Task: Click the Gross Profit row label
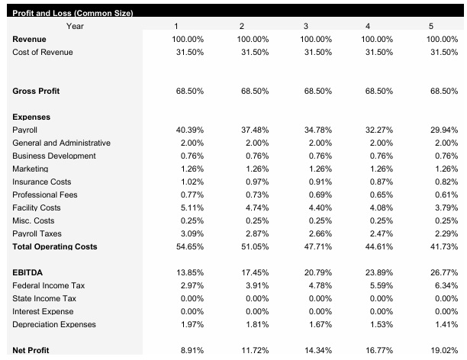coord(36,92)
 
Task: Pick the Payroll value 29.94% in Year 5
coord(443,130)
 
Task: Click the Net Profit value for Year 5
coord(443,350)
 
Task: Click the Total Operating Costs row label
coord(54,247)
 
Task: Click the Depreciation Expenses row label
coord(54,325)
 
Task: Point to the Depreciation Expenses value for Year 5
coord(444,325)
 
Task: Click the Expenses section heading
coord(31,117)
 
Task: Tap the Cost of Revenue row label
coord(43,52)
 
